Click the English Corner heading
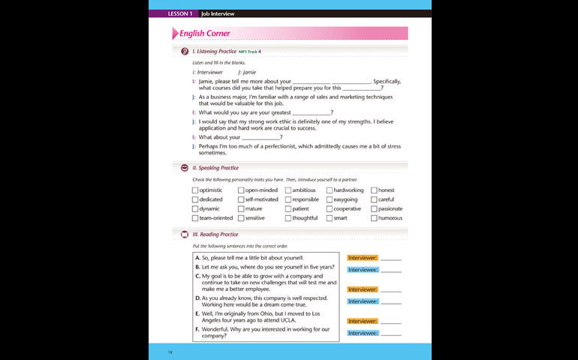pyautogui.click(x=205, y=34)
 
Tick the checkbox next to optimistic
pyautogui.click(x=195, y=190)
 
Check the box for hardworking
pyautogui.click(x=330, y=190)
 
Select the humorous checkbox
pyautogui.click(x=375, y=218)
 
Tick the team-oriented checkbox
pyautogui.click(x=195, y=218)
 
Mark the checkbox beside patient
pyautogui.click(x=288, y=209)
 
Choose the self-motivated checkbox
pyautogui.click(x=241, y=199)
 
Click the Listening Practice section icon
pyautogui.click(x=185, y=51)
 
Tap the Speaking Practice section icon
pyautogui.click(x=185, y=168)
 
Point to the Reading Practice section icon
pyautogui.click(x=185, y=234)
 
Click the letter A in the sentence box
pyautogui.click(x=197, y=258)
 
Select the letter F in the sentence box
pyautogui.click(x=197, y=329)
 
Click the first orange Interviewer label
pyautogui.click(x=363, y=258)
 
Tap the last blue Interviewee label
pyautogui.click(x=363, y=333)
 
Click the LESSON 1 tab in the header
pyautogui.click(x=180, y=13)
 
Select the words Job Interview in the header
pyautogui.click(x=217, y=13)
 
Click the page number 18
pyautogui.click(x=170, y=350)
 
